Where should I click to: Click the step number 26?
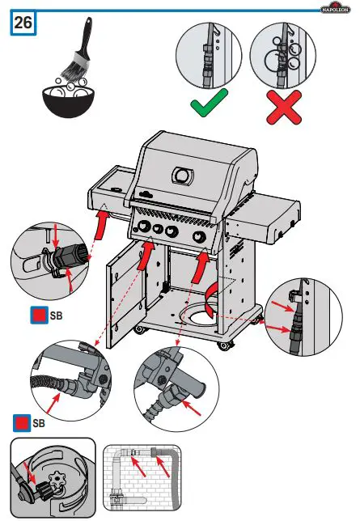(x=23, y=23)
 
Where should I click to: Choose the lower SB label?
(x=37, y=421)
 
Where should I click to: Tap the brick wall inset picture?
(x=144, y=478)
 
